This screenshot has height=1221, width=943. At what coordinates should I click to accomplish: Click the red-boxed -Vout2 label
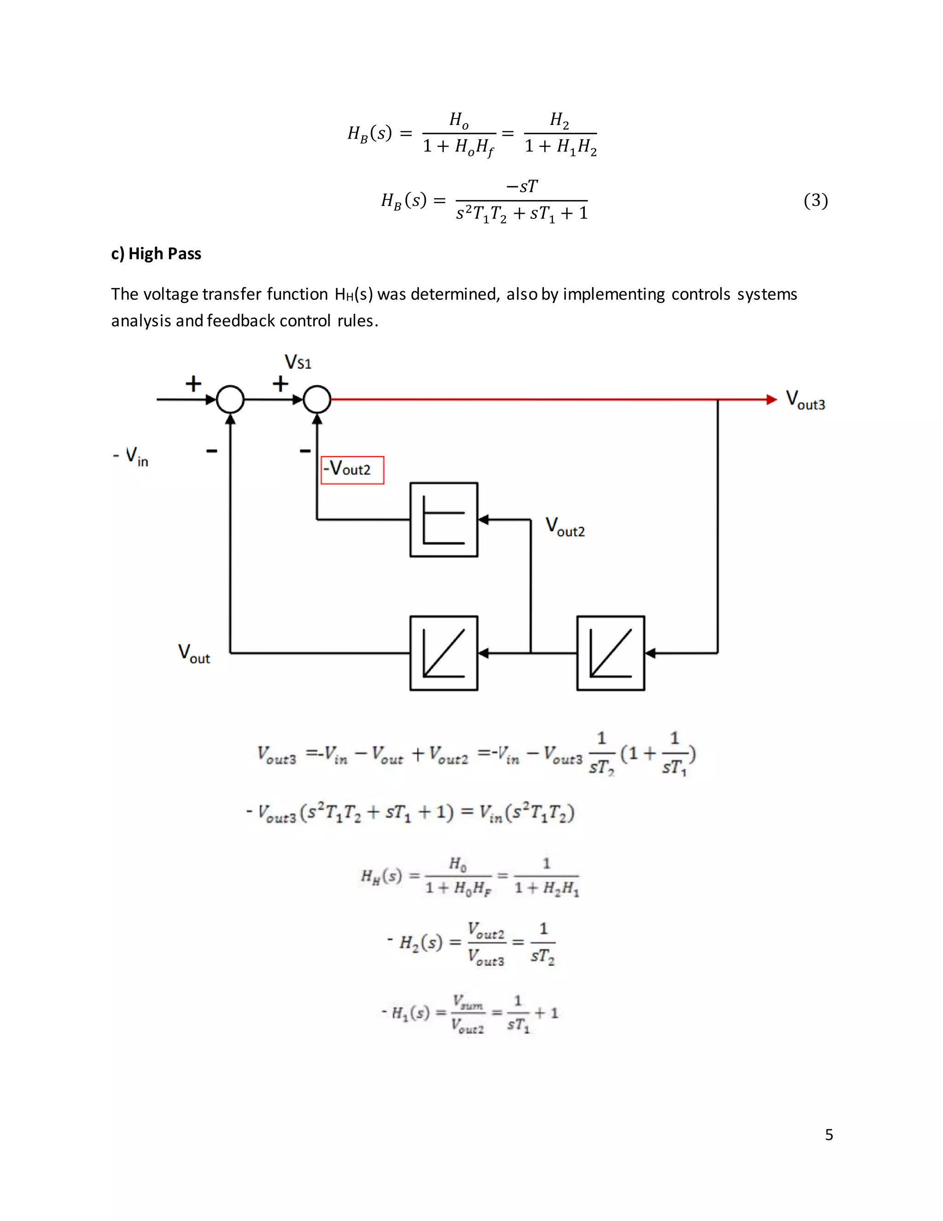pyautogui.click(x=352, y=470)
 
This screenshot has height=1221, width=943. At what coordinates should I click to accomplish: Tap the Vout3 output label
pyautogui.click(x=805, y=400)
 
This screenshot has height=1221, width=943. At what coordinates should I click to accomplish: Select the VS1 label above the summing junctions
pyautogui.click(x=298, y=362)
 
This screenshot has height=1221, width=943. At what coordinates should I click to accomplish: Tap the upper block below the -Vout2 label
pyautogui.click(x=443, y=519)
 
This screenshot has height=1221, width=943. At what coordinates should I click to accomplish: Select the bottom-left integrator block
pyautogui.click(x=443, y=653)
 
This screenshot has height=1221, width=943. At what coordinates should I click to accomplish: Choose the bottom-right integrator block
pyautogui.click(x=610, y=653)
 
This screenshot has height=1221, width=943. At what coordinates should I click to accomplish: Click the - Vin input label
pyautogui.click(x=131, y=456)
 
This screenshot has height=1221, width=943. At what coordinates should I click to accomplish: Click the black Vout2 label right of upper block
pyautogui.click(x=565, y=527)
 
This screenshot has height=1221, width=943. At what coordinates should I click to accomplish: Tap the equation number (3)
pyautogui.click(x=815, y=200)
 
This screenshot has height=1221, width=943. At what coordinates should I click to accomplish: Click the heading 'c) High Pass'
pyautogui.click(x=156, y=254)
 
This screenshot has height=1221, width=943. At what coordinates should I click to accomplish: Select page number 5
pyautogui.click(x=829, y=1134)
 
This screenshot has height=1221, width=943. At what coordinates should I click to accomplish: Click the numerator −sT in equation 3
pyautogui.click(x=521, y=186)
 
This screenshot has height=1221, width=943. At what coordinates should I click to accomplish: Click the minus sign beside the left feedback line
pyautogui.click(x=211, y=451)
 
